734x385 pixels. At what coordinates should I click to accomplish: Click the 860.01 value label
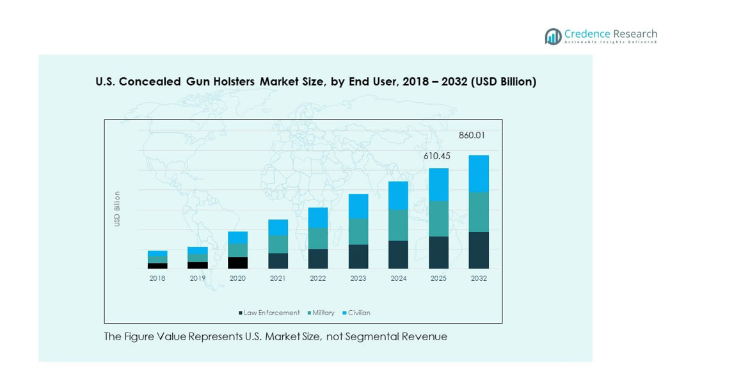pos(472,136)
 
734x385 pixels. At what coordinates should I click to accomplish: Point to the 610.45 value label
pos(436,156)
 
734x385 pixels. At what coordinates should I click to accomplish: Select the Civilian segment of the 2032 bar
pos(479,173)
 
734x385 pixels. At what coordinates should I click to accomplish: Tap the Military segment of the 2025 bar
pos(438,219)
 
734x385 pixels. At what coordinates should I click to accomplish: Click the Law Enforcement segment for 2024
pos(398,255)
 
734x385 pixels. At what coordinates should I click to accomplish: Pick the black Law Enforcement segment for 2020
pos(237,263)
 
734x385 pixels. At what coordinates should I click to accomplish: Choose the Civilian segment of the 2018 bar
pos(157,253)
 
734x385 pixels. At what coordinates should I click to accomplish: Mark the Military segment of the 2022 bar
pos(318,238)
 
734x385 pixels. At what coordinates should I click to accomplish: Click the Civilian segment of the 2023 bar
pos(358,206)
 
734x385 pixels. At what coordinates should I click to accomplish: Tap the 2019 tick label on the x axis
pos(197,278)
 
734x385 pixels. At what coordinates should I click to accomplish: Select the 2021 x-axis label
pos(278,278)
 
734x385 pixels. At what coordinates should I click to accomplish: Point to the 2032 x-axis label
pos(479,278)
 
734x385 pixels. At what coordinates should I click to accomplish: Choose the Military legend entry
pos(323,313)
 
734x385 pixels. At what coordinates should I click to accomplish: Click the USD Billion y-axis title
pos(117,208)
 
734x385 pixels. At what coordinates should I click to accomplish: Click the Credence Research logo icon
pos(552,36)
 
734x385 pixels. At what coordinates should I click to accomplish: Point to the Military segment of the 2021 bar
pos(278,244)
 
